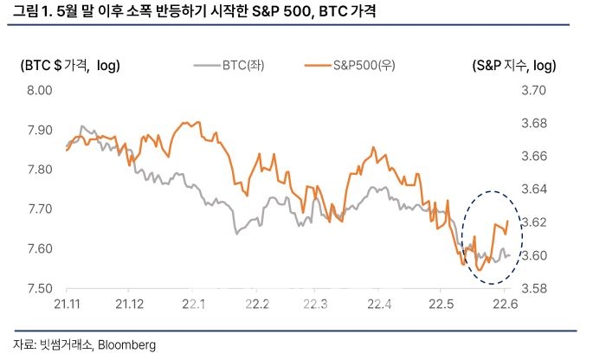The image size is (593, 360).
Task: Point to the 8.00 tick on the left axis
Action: point(40,90)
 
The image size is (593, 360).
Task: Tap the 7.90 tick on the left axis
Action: point(40,130)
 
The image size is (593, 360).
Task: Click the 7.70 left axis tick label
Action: point(40,209)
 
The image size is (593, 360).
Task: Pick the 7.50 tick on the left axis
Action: point(40,288)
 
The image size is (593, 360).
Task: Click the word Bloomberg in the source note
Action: point(126,344)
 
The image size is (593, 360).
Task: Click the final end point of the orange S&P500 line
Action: point(507,222)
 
